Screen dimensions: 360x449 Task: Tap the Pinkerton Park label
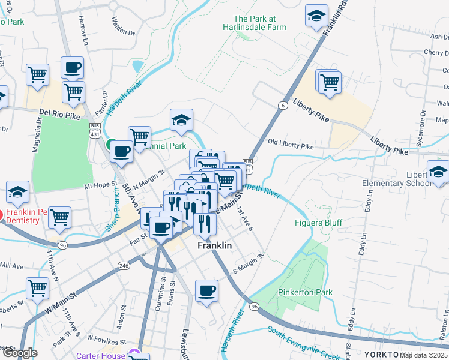coord(305,292)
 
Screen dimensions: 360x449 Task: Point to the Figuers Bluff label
coord(318,223)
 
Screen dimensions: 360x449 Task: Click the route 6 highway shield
coord(281,105)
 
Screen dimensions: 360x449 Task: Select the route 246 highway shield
coord(124,265)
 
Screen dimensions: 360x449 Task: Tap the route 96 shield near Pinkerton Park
coord(255,307)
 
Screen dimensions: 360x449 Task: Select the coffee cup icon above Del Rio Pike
coord(72,67)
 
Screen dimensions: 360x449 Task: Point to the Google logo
coord(19,353)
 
